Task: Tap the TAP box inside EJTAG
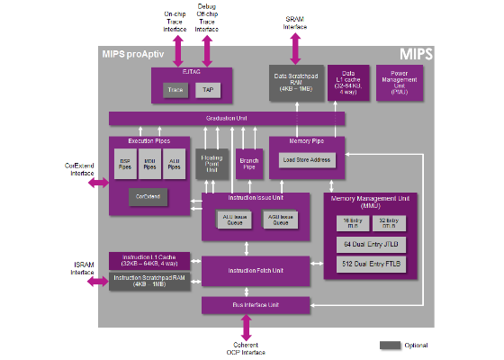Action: click(x=207, y=90)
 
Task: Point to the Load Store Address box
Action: click(x=305, y=159)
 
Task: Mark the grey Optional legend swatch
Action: click(x=390, y=345)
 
